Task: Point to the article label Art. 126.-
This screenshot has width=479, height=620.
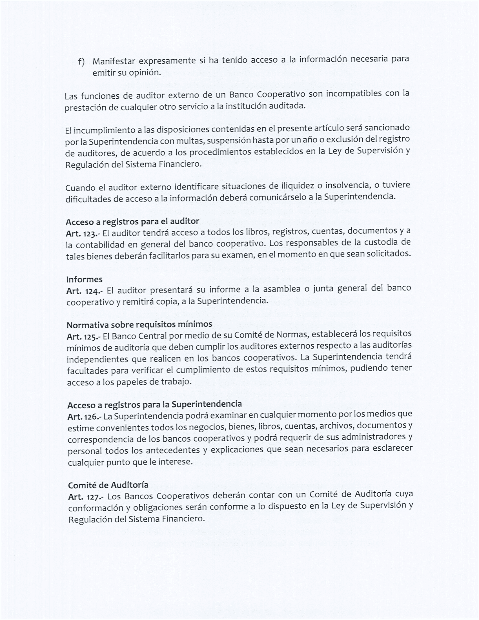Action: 84,417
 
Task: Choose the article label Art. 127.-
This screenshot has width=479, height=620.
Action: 86,497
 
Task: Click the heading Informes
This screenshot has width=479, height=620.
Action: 84,280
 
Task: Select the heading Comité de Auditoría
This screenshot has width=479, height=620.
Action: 108,485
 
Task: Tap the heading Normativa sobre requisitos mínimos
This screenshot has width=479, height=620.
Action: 139,324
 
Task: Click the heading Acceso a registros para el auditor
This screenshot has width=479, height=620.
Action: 132,222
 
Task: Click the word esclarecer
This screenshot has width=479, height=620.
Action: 394,449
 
